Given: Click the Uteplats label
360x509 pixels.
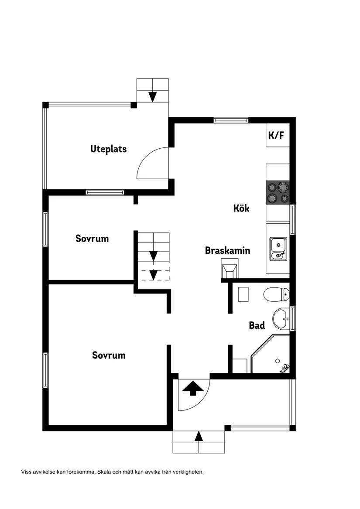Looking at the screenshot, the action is tap(109, 149).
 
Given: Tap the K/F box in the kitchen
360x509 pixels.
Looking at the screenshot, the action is tap(278, 135).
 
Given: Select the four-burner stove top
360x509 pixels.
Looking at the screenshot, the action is tap(278, 192).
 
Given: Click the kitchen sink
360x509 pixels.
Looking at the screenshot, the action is tap(278, 249).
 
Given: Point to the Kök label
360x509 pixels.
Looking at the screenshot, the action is tap(241, 208).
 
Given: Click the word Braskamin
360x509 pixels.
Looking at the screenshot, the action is tap(227, 251).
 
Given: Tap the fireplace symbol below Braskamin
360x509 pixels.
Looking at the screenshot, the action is tap(230, 269).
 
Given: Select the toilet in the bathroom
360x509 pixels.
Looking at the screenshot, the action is tap(276, 295).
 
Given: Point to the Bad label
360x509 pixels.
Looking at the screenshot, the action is tap(257, 325).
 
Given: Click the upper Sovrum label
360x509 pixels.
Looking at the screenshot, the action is tap(92, 239).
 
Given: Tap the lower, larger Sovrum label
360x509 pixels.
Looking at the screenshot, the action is tap(109, 355).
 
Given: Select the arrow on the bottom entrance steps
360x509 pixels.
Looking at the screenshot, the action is tap(199, 436).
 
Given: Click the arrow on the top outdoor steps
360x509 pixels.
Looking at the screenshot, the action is tap(152, 97).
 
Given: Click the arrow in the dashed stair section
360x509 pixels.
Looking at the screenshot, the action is tap(153, 275).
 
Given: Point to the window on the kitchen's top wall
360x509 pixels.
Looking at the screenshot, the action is tap(231, 120).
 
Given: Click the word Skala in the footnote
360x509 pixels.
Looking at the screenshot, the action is tap(104, 472).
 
